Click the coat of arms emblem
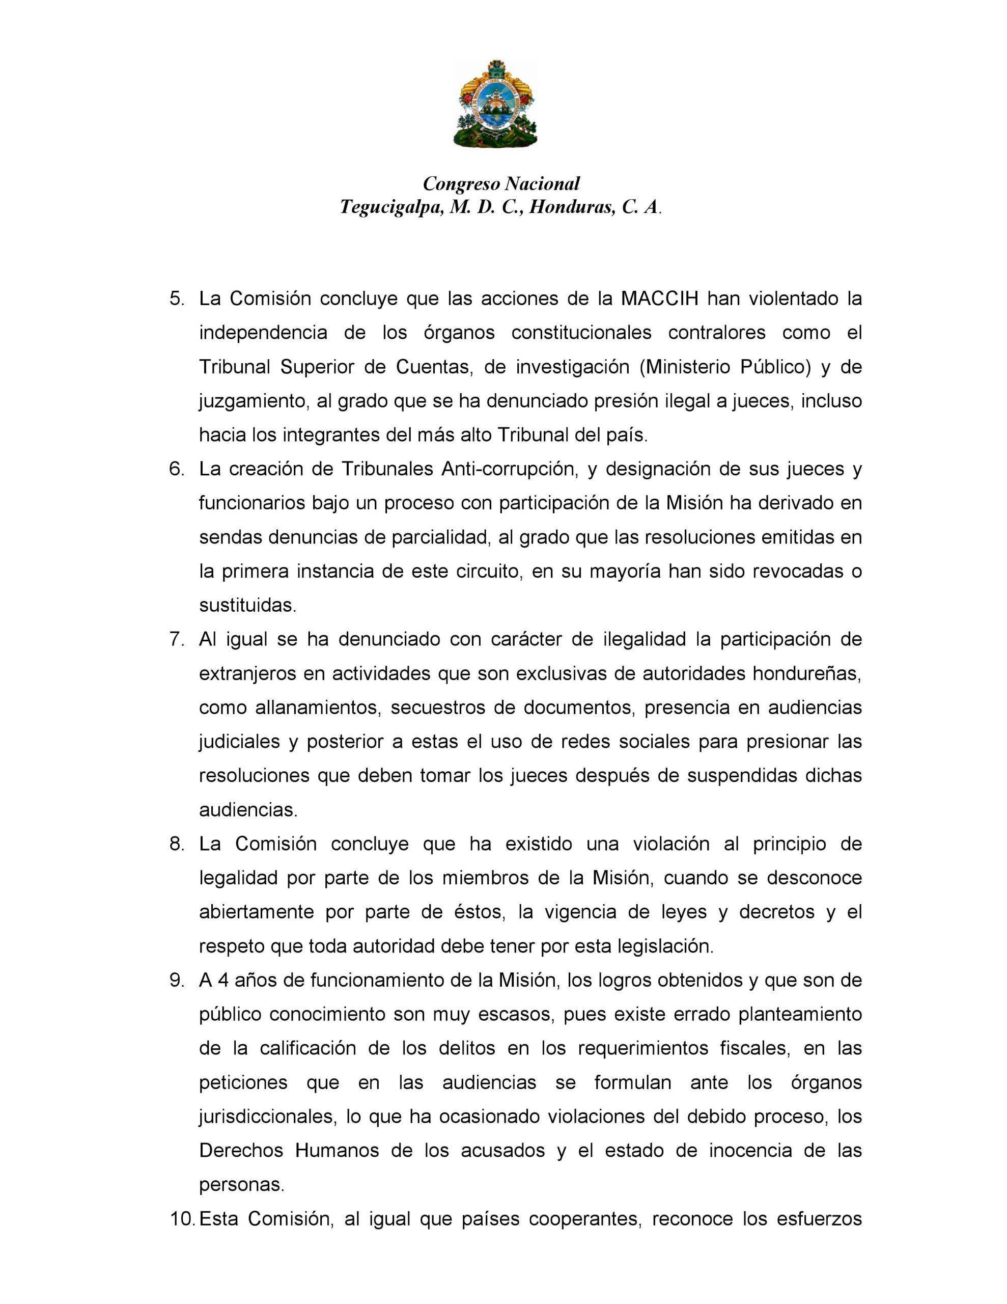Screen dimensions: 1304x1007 [495, 104]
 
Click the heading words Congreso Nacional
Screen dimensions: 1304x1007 [501, 183]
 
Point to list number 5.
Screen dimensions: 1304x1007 [177, 298]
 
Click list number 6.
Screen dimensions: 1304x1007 [177, 469]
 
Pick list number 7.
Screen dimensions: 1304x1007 [177, 639]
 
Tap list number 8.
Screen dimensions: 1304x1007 [177, 844]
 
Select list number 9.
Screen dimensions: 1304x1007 [177, 981]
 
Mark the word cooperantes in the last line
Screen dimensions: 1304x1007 [584, 1218]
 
